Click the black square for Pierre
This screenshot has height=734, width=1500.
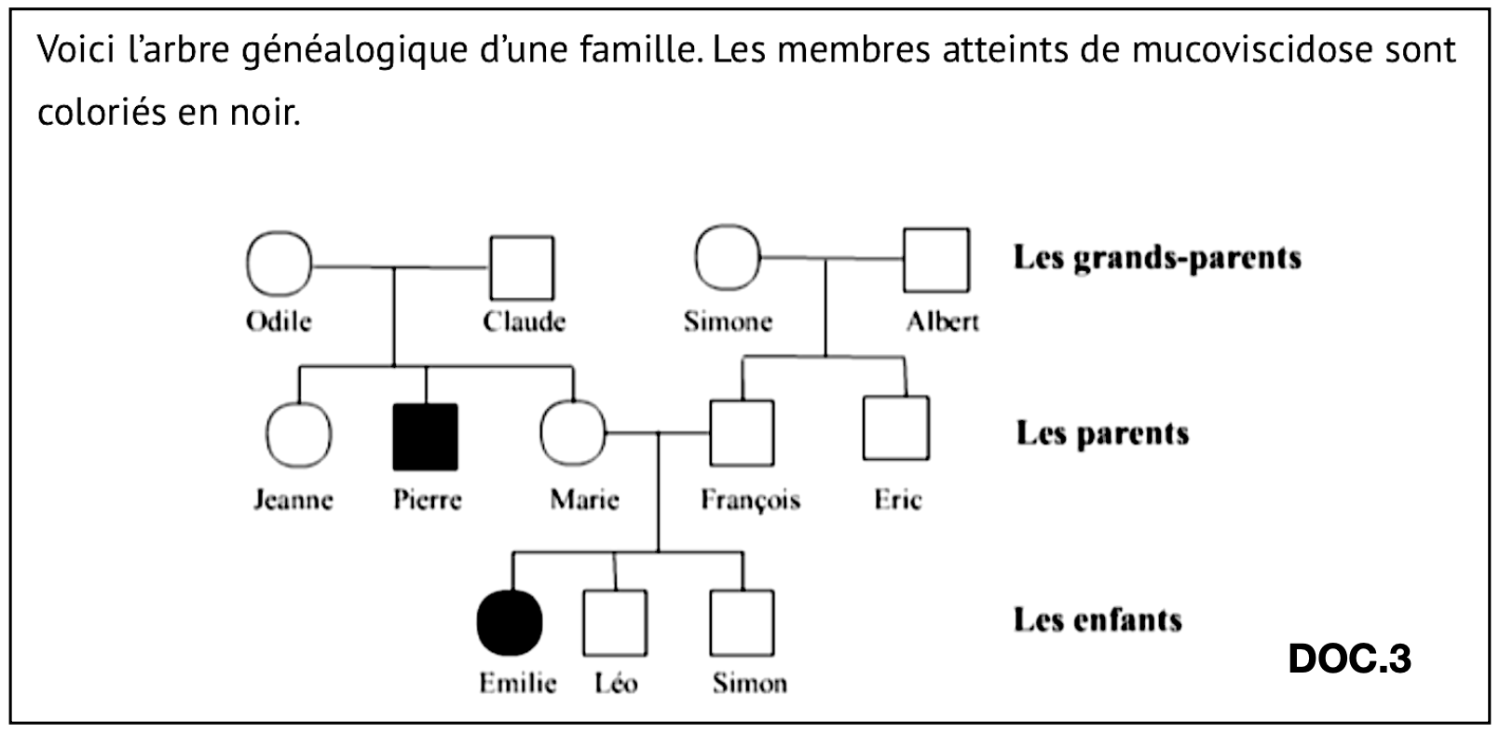click(x=425, y=437)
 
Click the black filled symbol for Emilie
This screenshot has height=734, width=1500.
click(x=510, y=623)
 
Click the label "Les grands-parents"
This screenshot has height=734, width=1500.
click(x=1158, y=258)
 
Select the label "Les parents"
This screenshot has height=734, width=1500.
click(x=1103, y=433)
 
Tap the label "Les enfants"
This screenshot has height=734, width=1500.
click(x=1098, y=619)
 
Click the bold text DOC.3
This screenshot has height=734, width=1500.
click(x=1350, y=659)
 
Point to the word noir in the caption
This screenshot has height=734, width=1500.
click(x=266, y=112)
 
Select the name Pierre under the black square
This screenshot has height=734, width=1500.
click(x=428, y=499)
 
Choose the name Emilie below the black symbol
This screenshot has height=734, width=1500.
click(x=518, y=683)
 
